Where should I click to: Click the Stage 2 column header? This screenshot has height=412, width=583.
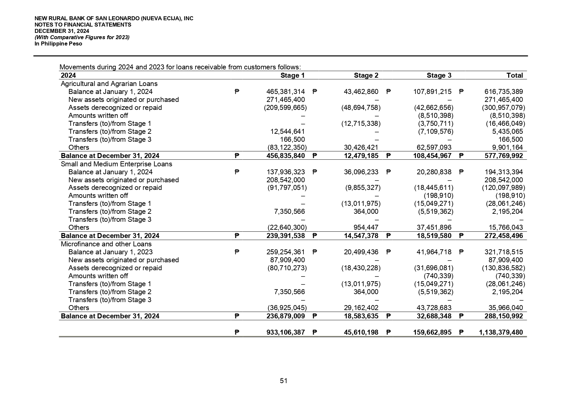366,75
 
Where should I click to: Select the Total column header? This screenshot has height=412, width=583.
515,75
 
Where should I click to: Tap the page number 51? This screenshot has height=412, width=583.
284,381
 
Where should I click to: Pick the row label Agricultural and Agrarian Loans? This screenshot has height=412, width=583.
109,84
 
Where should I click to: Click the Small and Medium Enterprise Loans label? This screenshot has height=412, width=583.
116,164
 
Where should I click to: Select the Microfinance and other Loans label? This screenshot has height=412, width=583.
106,244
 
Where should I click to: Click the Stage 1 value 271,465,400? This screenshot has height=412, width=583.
286,100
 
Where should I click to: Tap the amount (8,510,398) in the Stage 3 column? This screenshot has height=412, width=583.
435,116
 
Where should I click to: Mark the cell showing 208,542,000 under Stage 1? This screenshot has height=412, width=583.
286,180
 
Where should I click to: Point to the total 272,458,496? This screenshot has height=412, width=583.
503,236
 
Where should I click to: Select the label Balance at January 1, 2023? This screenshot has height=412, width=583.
110,252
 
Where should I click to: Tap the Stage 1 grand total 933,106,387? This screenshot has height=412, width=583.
286,332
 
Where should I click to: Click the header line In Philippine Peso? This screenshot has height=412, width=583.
58,43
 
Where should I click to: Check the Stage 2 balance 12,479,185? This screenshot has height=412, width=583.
361,156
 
